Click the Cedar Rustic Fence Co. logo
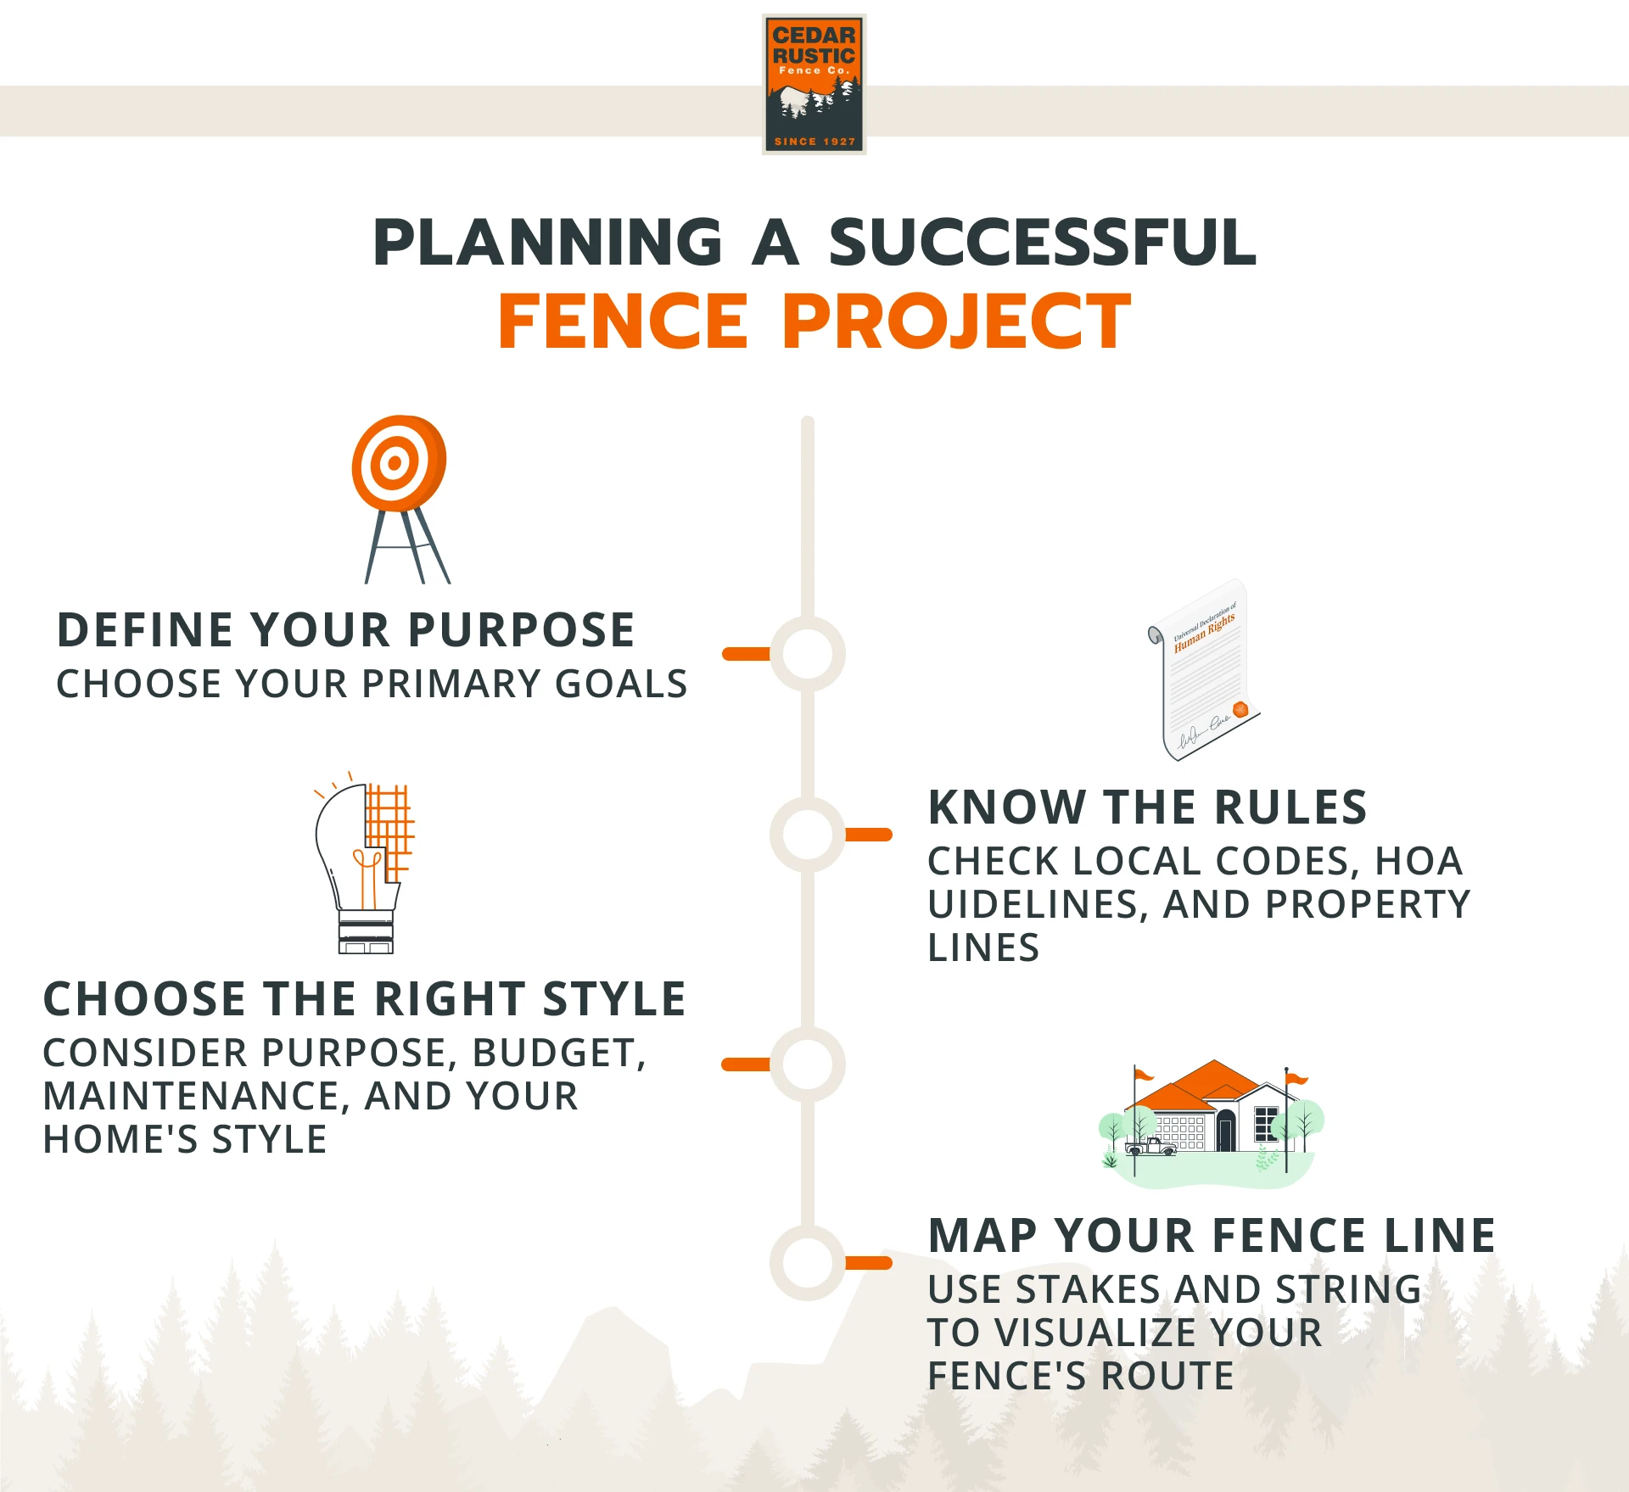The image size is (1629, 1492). [814, 84]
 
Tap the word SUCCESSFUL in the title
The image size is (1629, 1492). [1042, 243]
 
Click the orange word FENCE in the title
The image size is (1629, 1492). [623, 321]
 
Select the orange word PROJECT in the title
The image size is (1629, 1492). [956, 321]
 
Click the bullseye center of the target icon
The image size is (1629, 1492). [394, 463]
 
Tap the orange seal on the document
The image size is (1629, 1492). [1240, 709]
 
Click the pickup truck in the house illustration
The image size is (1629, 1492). [1150, 1147]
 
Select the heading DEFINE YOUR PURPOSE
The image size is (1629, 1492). [345, 630]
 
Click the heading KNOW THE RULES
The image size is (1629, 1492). [1147, 807]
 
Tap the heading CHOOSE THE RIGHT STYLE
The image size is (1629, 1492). [364, 999]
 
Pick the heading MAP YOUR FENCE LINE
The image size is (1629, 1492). [1212, 1236]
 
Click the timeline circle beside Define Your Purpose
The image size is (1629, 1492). [807, 654]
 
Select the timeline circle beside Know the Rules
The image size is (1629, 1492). [807, 835]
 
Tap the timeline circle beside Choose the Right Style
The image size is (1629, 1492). [807, 1065]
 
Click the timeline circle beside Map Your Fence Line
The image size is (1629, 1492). [807, 1263]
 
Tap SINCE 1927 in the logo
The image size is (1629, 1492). [814, 142]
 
